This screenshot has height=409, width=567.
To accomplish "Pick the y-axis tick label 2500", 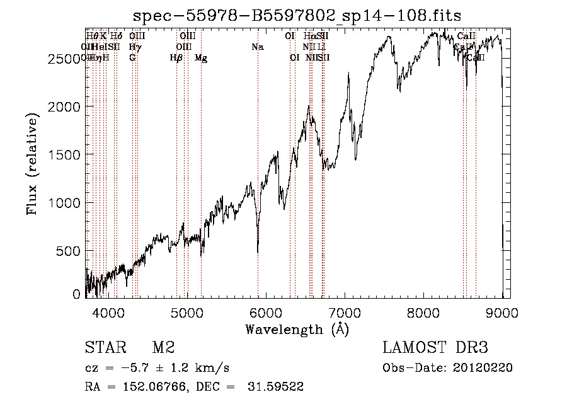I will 65,59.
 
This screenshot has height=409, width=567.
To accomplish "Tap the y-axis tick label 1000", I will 65,203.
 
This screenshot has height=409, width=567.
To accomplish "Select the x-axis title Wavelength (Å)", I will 297,329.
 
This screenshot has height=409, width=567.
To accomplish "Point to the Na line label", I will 257,47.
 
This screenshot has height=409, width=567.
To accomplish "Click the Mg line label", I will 201,58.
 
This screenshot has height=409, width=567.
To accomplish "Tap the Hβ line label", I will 176,58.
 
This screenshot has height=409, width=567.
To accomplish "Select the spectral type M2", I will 163,348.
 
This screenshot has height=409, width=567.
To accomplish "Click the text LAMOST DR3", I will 435,348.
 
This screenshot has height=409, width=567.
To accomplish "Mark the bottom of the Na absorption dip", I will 258,252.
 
